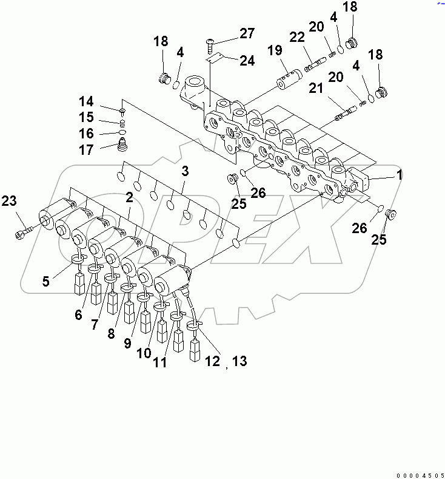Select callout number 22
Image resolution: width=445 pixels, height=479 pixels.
[296, 38]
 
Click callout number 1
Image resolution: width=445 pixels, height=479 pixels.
[399, 175]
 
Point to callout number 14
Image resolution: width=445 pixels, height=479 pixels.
[86, 101]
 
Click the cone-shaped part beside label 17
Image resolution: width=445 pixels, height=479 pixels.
[123, 146]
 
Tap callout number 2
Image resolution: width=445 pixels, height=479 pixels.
[129, 197]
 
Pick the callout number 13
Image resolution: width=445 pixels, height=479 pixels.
[239, 361]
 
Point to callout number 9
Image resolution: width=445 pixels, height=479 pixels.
[127, 343]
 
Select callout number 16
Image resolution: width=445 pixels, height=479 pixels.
[86, 134]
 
